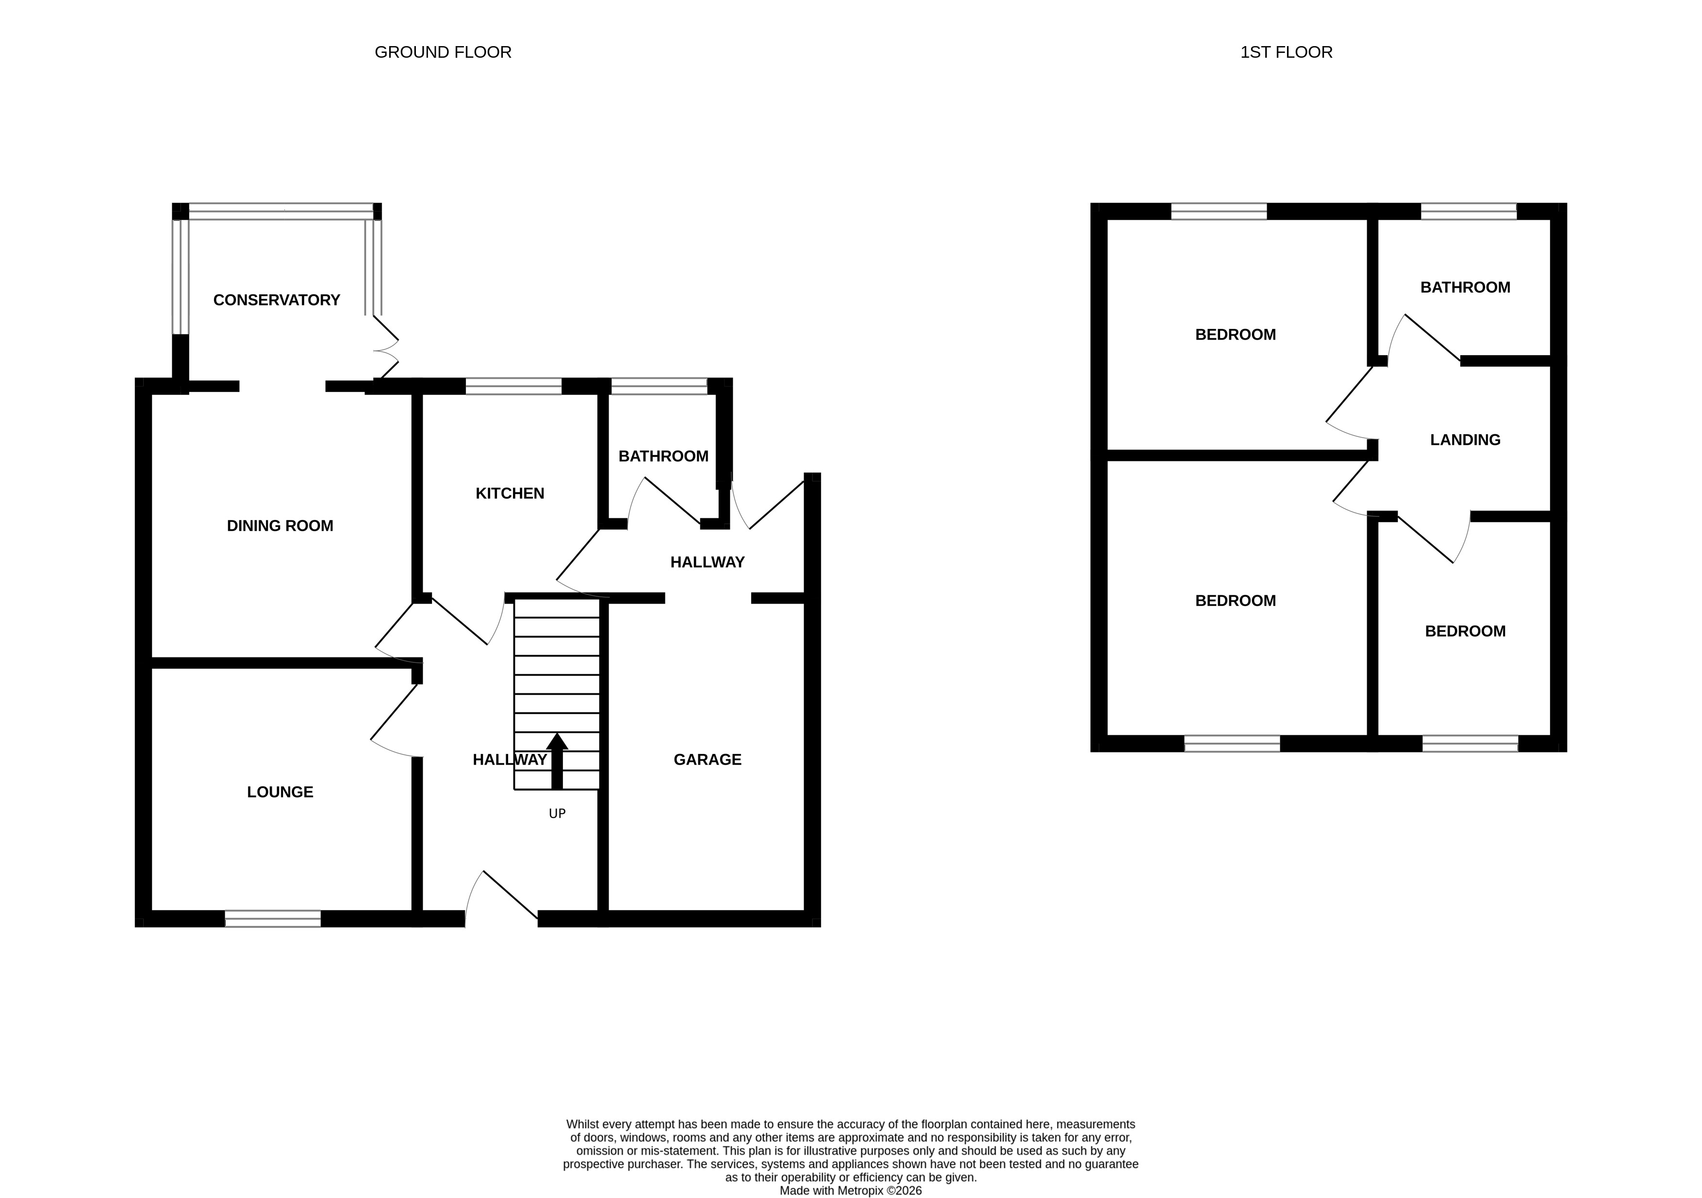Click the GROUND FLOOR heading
pyautogui.click(x=443, y=52)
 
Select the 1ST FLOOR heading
pyautogui.click(x=1286, y=52)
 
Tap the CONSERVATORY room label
pyautogui.click(x=277, y=299)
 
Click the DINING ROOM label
pyautogui.click(x=280, y=525)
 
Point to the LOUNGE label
pyautogui.click(x=280, y=792)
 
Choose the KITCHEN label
pyautogui.click(x=510, y=493)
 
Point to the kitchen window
pyautogui.click(x=514, y=386)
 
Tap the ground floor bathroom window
pyautogui.click(x=659, y=386)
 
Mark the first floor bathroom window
pyautogui.click(x=1469, y=211)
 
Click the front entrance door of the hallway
pyautogui.click(x=501, y=898)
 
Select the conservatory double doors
pyautogui.click(x=386, y=348)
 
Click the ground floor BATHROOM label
pyautogui.click(x=663, y=456)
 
